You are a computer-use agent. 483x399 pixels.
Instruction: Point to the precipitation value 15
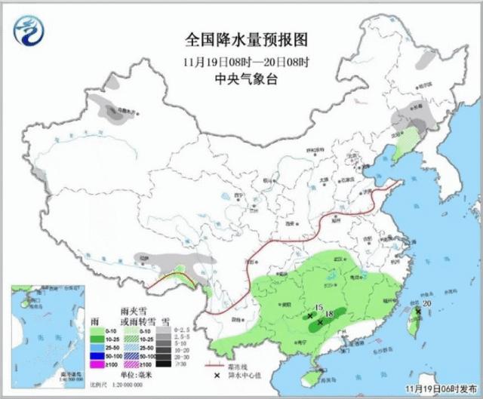click(319, 308)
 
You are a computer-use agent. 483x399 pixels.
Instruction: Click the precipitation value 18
click(329, 313)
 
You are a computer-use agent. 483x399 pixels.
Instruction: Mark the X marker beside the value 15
click(310, 316)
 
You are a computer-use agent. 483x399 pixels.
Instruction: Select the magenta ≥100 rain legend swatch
click(97, 365)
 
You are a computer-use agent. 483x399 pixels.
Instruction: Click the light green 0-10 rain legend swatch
click(97, 330)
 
